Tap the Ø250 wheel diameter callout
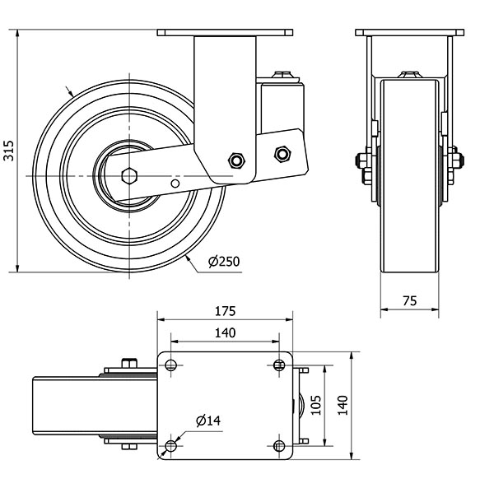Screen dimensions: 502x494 [x=223, y=262]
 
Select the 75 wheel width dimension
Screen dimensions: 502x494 [x=408, y=301]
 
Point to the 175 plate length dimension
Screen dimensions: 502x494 [x=225, y=311]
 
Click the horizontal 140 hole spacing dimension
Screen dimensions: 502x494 [x=225, y=332]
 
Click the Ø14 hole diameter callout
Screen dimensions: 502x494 [x=208, y=421]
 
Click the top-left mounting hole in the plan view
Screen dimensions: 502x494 [x=170, y=365]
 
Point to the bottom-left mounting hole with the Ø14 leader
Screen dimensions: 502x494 [x=170, y=447]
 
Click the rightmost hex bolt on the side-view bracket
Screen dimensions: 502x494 [x=282, y=153]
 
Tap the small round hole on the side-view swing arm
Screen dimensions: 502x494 [x=173, y=182]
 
